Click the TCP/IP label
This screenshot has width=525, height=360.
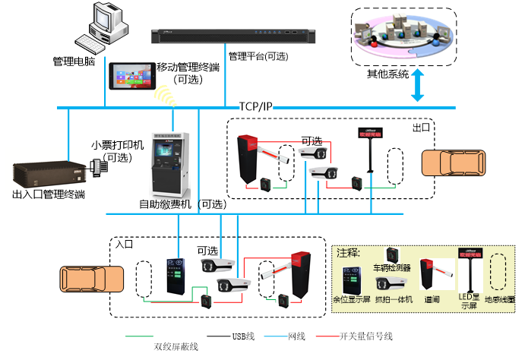point(255,106)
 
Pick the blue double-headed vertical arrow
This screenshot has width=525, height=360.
point(417,84)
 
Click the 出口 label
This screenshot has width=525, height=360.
point(421,128)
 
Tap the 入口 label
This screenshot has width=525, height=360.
point(125,245)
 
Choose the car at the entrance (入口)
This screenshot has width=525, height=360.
point(92,278)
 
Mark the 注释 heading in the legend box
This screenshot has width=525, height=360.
point(349,252)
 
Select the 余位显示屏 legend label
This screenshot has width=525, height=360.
point(351,299)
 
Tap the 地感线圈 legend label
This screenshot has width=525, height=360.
point(500,299)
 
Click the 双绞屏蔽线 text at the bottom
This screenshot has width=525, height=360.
point(176,346)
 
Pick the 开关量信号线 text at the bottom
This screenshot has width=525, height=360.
point(365,336)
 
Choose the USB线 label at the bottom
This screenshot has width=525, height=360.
point(244,336)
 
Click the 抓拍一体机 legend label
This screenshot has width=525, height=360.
point(394,299)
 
